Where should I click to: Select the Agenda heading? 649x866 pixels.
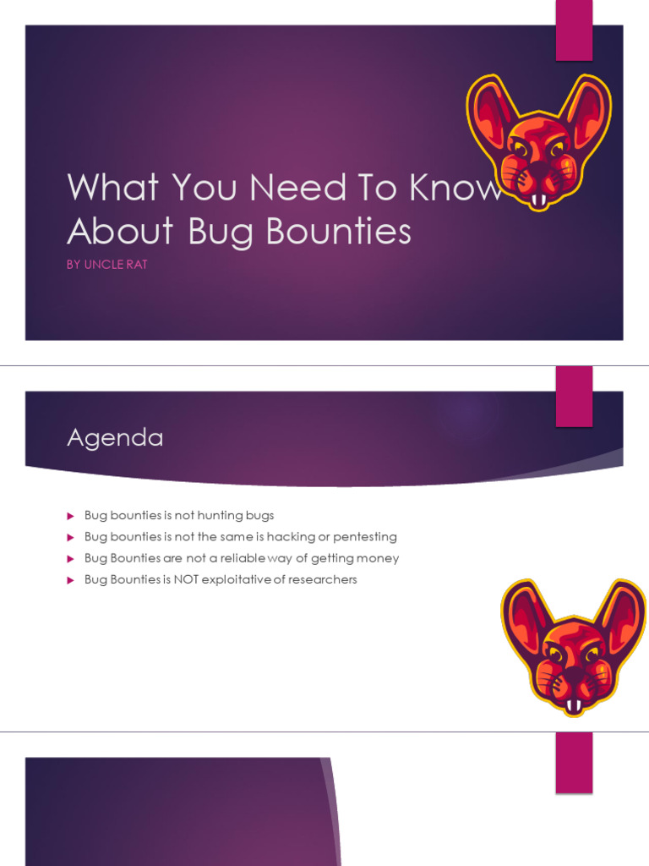(x=115, y=438)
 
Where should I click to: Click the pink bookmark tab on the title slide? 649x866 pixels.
(x=574, y=30)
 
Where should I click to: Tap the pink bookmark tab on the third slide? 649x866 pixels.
(x=574, y=762)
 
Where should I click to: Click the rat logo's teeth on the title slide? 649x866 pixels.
(x=538, y=200)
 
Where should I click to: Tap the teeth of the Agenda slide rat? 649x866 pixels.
(x=573, y=704)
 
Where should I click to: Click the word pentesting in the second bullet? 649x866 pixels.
(x=364, y=537)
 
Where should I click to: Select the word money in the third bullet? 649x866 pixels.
(x=377, y=558)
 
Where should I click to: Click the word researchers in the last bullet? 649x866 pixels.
(x=324, y=579)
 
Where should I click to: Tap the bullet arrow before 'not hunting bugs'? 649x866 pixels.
(x=71, y=516)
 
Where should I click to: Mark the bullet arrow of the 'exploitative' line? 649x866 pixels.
(x=71, y=580)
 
